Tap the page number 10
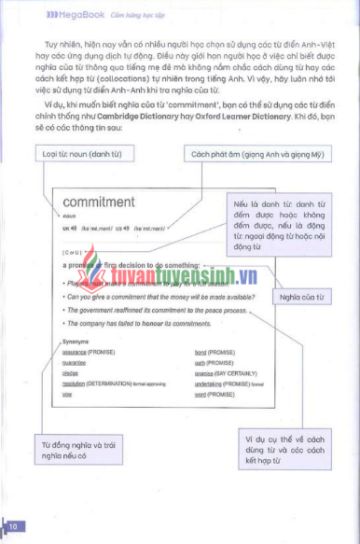click(x=13, y=527)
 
